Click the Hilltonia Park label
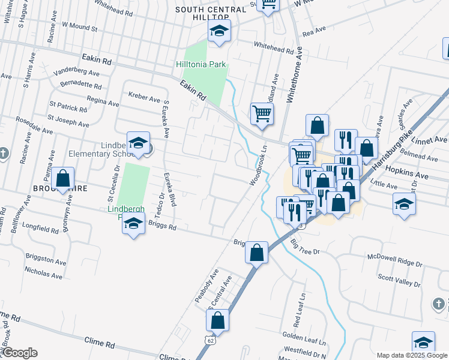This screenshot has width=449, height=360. pyautogui.click(x=200, y=64)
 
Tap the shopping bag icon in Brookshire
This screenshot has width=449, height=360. pyautogui.click(x=63, y=179)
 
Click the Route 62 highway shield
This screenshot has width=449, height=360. pyautogui.click(x=209, y=340)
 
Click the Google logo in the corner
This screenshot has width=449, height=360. pyautogui.click(x=19, y=353)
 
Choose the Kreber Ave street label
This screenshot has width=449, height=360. pyautogui.click(x=145, y=97)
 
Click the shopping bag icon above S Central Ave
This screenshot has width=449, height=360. pyautogui.click(x=257, y=253)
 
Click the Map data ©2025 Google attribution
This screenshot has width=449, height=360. pyautogui.click(x=412, y=355)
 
